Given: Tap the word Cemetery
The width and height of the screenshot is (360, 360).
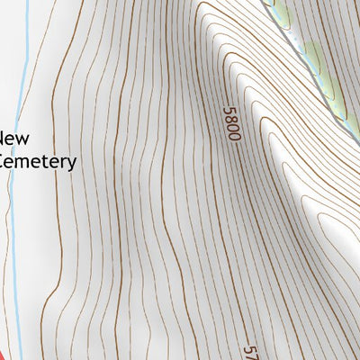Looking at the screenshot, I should click(x=38, y=161).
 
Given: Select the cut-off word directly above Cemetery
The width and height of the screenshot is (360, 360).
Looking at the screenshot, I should click(x=14, y=139).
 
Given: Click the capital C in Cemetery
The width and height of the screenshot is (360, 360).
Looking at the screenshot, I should click(x=4, y=161).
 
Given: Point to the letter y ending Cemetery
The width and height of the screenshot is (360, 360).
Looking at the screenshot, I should click(x=71, y=164).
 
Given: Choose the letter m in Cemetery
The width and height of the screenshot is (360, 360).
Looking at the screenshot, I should click(x=31, y=162).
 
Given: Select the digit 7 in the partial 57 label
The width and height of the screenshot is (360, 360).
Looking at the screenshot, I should click(x=251, y=355).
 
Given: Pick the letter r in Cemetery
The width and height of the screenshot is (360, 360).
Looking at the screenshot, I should click(x=63, y=162).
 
